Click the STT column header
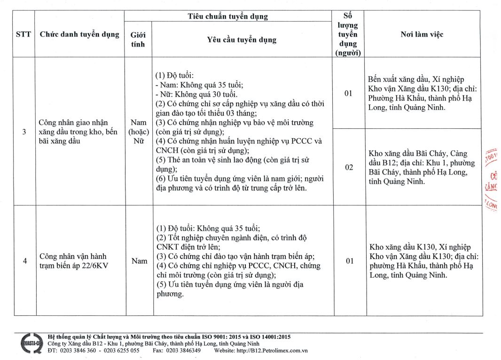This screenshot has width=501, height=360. tap(23, 34)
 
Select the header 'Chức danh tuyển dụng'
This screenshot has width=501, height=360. tap(79, 34)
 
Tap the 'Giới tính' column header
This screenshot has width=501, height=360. tap(138, 39)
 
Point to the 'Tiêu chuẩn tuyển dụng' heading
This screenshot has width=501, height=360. tap(228, 16)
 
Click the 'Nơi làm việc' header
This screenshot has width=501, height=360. tap(422, 34)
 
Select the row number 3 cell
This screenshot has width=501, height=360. tap(24, 132)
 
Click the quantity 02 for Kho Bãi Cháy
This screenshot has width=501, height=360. tap(349, 167)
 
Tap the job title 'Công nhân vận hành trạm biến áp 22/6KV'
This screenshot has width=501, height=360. tap(73, 261)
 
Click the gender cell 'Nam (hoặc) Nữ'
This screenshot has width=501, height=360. tap(139, 132)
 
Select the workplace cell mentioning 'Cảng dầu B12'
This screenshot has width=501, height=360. tap(423, 167)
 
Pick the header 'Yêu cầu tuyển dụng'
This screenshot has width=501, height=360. tap(242, 40)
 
